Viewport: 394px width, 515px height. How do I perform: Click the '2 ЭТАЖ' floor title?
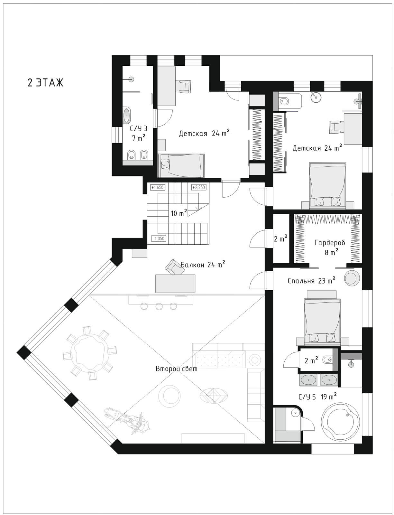(45, 83)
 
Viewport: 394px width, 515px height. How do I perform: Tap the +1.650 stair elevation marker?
(157, 187)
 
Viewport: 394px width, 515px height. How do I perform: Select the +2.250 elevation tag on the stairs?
(198, 187)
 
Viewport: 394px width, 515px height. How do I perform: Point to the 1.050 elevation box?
(159, 239)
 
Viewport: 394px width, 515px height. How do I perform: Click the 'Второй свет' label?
(176, 369)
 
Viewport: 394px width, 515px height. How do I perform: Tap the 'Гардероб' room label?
(330, 243)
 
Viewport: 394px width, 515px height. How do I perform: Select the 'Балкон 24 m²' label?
(203, 264)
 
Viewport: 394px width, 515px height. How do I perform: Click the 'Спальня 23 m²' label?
(311, 281)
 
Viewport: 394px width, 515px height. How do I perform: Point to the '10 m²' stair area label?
(179, 213)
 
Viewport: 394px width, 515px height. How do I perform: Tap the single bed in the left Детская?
(181, 165)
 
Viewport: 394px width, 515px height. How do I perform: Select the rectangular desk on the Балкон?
(175, 284)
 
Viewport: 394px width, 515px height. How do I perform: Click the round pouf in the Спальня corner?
(352, 278)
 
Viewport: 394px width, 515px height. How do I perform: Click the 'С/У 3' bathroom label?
(139, 129)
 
